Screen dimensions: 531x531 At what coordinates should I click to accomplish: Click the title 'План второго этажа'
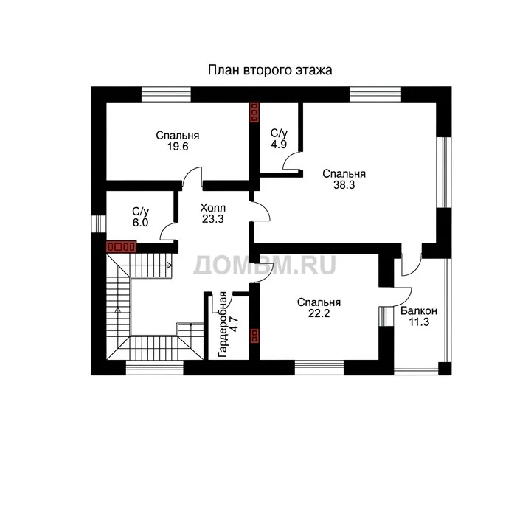270,70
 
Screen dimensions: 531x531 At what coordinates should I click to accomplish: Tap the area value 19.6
178,147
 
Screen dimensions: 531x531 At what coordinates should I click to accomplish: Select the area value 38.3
344,185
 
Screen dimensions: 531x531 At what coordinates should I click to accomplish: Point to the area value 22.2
319,313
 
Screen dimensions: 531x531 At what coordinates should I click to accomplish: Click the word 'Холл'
212,207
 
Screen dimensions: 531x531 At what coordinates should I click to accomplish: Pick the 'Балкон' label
419,311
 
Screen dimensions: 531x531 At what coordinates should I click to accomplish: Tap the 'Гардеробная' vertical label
223,324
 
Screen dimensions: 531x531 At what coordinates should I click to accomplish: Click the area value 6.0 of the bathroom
140,223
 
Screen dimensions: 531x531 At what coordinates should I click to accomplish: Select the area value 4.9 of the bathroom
278,145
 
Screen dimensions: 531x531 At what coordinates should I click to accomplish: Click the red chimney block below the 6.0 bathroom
121,246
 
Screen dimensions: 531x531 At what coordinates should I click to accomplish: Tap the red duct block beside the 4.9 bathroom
254,112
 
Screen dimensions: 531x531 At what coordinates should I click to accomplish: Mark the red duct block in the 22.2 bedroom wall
254,336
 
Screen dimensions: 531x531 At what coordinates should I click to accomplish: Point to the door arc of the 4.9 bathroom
287,158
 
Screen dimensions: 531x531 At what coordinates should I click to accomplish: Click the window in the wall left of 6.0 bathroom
99,224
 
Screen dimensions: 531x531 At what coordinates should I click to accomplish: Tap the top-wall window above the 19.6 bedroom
166,94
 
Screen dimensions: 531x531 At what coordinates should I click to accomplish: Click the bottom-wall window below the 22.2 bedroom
319,367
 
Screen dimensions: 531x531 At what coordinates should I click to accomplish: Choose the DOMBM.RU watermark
265,265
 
